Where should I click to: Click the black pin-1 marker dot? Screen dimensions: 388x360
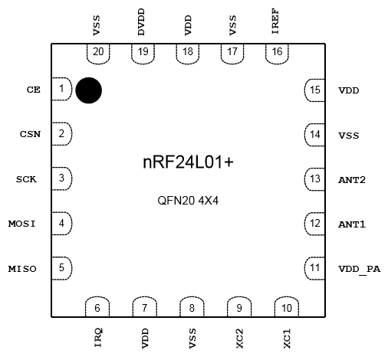[89, 90]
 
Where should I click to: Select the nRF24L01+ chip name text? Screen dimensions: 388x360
[188, 162]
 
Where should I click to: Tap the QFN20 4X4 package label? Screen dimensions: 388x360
[188, 201]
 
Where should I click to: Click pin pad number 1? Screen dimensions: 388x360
[62, 89]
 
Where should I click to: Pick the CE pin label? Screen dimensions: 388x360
[34, 90]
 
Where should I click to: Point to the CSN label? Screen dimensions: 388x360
[30, 134]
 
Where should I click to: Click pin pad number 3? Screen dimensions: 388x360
[62, 178]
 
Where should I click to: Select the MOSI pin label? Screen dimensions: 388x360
[22, 224]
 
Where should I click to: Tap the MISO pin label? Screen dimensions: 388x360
[22, 269]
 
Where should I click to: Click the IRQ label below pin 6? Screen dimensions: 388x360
[98, 338]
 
